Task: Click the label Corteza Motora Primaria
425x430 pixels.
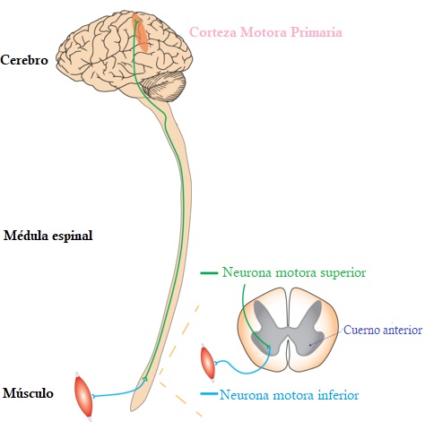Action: [x=265, y=33]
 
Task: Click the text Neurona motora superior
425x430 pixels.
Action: [x=293, y=272]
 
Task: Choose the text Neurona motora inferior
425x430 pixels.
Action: [x=289, y=394]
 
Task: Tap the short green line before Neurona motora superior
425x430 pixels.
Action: [x=208, y=272]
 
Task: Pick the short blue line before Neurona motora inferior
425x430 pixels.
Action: [x=207, y=394]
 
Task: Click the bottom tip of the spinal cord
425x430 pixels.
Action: [x=135, y=408]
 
